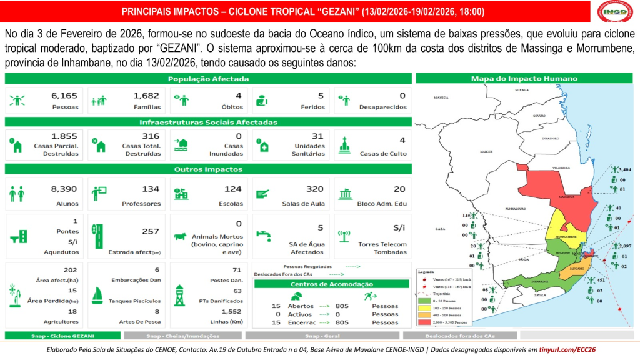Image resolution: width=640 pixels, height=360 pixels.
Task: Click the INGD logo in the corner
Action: (x=615, y=12)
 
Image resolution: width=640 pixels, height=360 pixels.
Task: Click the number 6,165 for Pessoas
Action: (x=65, y=96)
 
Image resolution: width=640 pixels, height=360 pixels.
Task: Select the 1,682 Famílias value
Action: (x=146, y=96)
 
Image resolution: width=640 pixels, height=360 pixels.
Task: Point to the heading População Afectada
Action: (x=208, y=79)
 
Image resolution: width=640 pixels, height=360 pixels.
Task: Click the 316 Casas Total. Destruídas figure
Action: (x=151, y=136)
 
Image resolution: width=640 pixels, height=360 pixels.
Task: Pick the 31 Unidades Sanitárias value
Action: (x=317, y=136)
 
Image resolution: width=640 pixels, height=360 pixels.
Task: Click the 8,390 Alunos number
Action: (x=64, y=189)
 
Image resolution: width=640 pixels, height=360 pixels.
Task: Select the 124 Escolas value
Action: (x=233, y=189)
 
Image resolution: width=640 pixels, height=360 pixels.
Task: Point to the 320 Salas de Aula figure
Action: (x=315, y=189)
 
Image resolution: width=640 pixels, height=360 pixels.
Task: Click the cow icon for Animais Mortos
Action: (x=181, y=236)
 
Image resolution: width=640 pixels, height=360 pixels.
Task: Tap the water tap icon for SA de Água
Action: (x=264, y=236)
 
